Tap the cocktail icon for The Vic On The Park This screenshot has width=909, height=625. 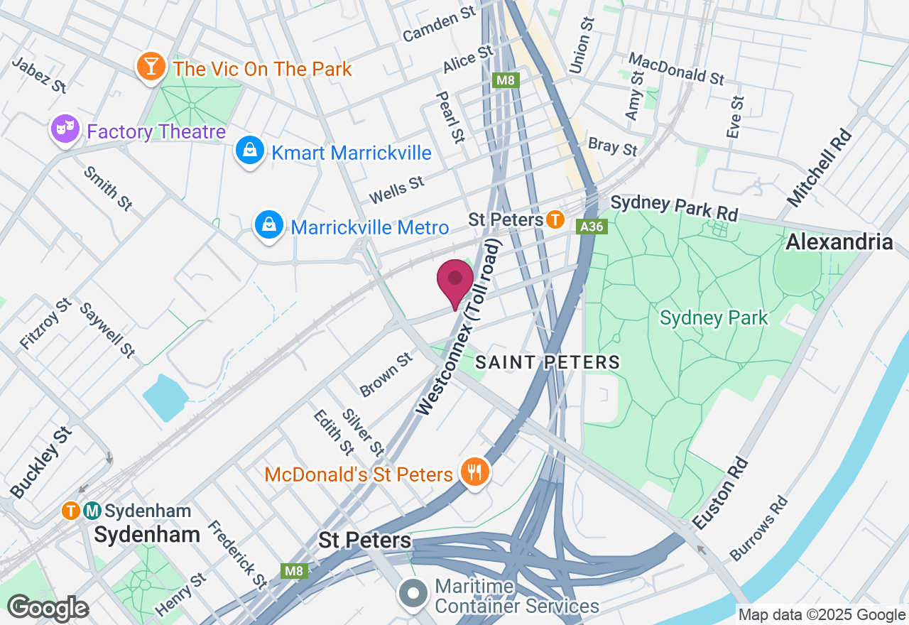click(151, 67)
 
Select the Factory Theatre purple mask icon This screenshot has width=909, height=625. click(65, 129)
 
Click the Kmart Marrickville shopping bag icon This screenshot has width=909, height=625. click(250, 151)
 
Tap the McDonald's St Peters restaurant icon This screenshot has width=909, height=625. click(474, 472)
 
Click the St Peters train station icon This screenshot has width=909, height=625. click(555, 220)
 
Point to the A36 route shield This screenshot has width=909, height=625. click(590, 227)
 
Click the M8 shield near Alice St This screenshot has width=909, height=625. click(505, 80)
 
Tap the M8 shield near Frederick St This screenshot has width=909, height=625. click(294, 571)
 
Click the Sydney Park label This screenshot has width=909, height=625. click(714, 317)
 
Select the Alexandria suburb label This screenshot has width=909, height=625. click(839, 242)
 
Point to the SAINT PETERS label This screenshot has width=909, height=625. click(548, 362)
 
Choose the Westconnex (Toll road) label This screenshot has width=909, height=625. click(459, 327)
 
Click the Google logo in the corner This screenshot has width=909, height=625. click(48, 608)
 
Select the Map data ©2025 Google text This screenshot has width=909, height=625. click(822, 615)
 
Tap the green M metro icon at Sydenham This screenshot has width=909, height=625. click(92, 511)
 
